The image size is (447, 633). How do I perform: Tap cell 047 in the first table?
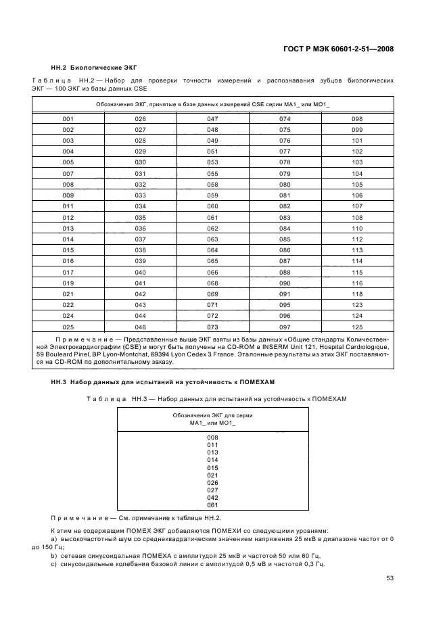point(212,118)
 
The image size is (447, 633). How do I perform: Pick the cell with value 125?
point(357,327)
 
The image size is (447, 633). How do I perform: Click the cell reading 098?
point(357,118)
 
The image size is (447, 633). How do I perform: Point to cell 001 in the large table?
point(68,118)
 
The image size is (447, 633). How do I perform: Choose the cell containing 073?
point(212,327)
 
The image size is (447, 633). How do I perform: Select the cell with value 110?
point(357,228)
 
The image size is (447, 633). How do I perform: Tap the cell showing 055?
point(212,173)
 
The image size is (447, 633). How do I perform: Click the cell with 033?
point(140,195)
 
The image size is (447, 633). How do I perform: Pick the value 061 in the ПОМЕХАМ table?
point(212,505)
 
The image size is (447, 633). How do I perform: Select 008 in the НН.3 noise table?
point(212,437)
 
